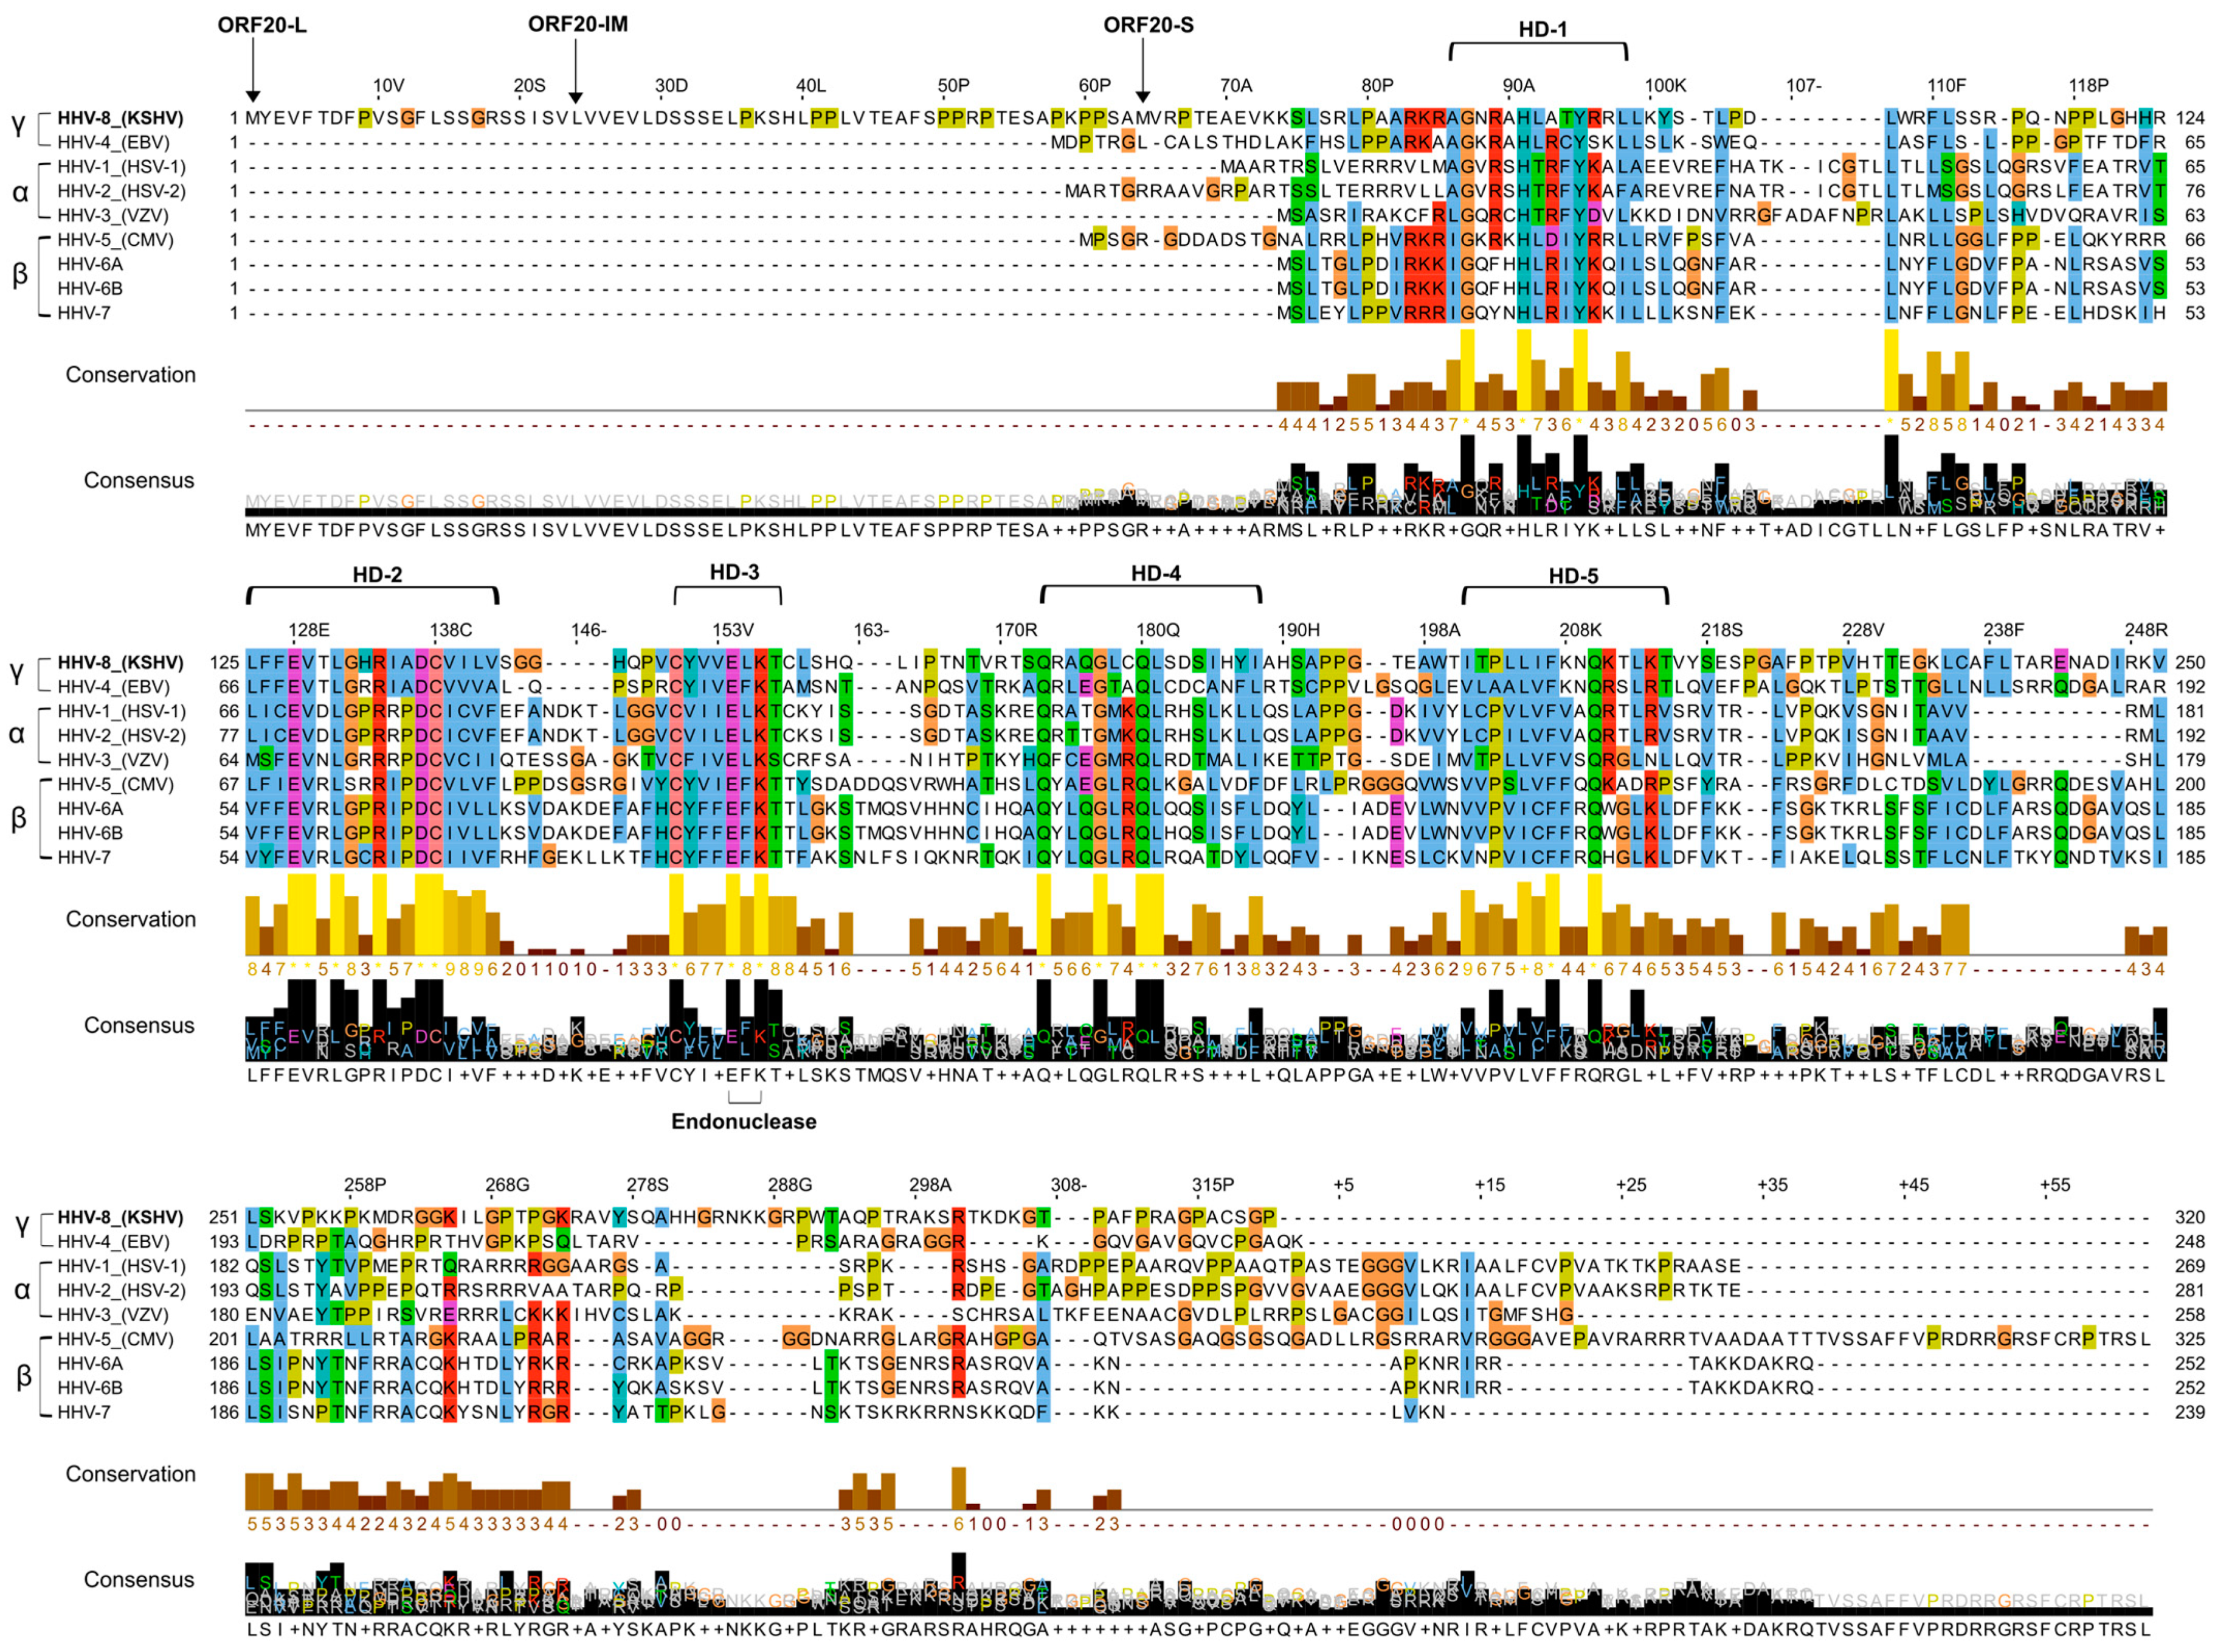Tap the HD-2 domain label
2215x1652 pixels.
377,574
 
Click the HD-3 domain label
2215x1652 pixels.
734,572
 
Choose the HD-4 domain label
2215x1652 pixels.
1155,573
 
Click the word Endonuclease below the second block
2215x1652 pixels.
744,1121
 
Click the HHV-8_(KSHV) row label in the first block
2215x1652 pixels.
120,118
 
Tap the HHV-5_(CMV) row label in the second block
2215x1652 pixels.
115,784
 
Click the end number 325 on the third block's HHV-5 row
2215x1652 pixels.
2189,1339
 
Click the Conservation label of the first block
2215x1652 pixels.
130,375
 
